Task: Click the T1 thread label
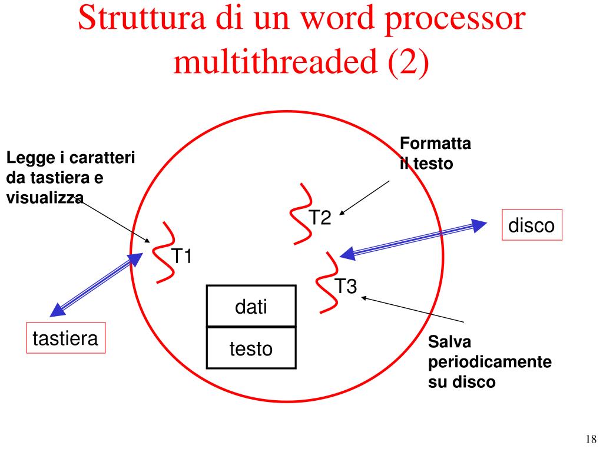181,257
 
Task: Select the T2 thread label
321,218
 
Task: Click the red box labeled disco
532,225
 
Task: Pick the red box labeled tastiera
65,338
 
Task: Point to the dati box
251,306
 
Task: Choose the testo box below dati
251,348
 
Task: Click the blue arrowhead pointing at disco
481,224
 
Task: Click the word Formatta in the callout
435,144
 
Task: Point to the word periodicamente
489,362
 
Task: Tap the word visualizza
45,198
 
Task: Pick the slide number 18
591,439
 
